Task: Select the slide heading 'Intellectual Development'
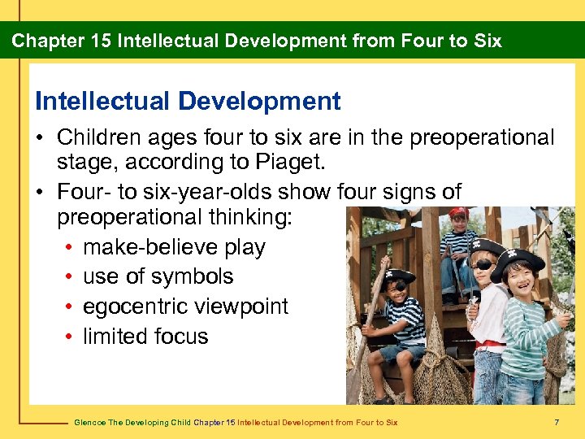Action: point(188,102)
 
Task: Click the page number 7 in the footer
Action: point(556,422)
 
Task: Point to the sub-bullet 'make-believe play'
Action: point(174,247)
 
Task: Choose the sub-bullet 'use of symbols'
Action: point(158,276)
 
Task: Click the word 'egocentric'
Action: point(136,306)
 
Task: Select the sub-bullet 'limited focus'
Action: point(145,337)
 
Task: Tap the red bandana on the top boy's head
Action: point(458,214)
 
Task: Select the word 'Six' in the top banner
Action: point(486,41)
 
